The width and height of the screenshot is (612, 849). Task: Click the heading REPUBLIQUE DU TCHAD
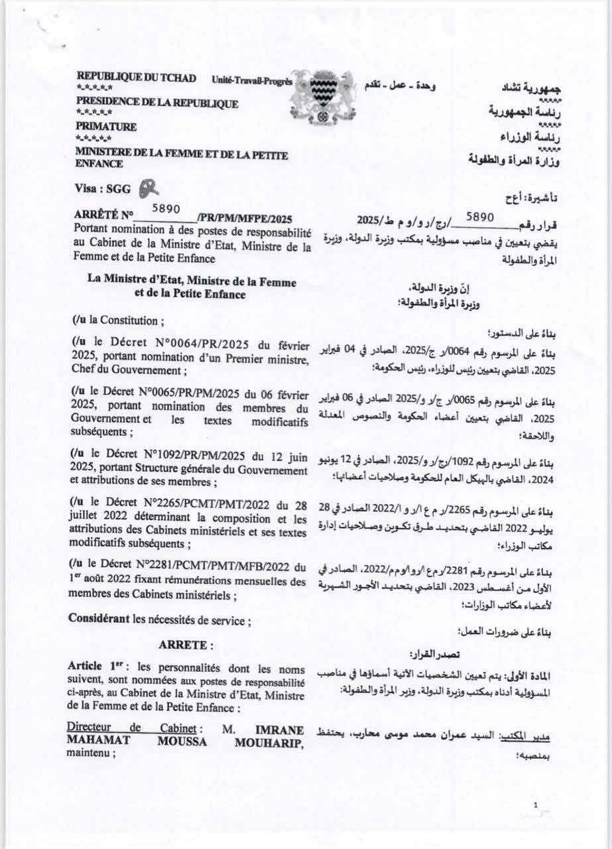[137, 78]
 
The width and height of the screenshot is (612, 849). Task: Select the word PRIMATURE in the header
[106, 126]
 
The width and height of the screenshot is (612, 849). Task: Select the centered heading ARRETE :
[186, 644]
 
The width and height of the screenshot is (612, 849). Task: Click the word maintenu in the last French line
[89, 753]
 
